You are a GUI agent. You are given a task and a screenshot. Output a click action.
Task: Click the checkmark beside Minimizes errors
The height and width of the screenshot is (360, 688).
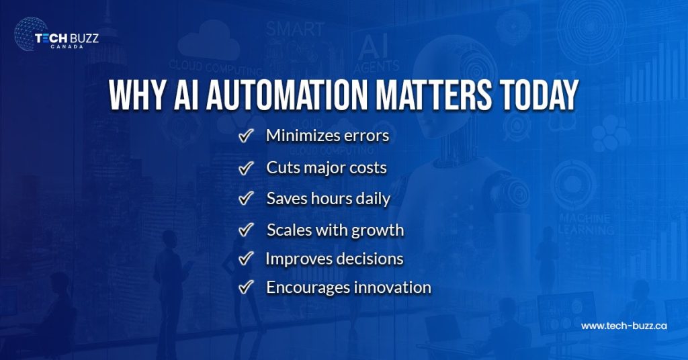point(246,136)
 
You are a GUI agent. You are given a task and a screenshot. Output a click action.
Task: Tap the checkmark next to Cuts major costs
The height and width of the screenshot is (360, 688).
point(246,168)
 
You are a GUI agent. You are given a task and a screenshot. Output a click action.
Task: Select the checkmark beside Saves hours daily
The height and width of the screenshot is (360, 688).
point(246,199)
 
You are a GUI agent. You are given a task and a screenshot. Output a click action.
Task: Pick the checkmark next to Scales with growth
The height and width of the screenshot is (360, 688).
point(246,230)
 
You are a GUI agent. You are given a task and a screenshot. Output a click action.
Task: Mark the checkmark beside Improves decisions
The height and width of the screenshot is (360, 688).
point(246,259)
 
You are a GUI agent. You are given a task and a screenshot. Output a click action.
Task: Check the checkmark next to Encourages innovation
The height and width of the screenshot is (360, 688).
point(246,287)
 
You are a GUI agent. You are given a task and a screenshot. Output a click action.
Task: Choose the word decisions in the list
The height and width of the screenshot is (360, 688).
point(370,259)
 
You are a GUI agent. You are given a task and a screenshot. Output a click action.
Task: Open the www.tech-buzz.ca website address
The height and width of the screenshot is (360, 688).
point(623,326)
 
